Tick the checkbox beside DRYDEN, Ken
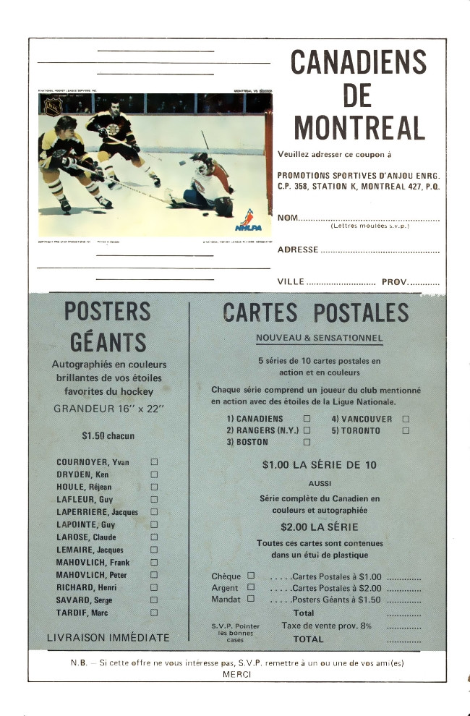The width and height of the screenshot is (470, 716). (x=153, y=474)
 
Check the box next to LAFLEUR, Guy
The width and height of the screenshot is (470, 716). (x=153, y=499)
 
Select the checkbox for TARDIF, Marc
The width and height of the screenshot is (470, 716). (x=153, y=613)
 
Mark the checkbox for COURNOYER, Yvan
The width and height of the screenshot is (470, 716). (x=153, y=461)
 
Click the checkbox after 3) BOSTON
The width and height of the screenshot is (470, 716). (x=307, y=442)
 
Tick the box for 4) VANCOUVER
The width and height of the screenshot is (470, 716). (x=406, y=419)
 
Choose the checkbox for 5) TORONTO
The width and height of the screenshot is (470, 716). (x=406, y=430)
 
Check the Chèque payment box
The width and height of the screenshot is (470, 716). (x=251, y=576)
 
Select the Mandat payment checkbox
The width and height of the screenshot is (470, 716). (x=251, y=598)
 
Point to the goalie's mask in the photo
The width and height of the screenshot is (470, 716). (x=199, y=161)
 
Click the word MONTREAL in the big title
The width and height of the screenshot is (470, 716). (x=359, y=127)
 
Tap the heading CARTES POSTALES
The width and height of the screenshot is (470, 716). (x=315, y=312)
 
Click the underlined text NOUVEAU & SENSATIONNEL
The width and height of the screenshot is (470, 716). (x=319, y=338)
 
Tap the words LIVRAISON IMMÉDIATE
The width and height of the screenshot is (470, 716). (x=108, y=638)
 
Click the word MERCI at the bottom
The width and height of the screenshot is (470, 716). (x=237, y=674)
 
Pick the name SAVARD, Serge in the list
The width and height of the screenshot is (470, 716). (x=84, y=600)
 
